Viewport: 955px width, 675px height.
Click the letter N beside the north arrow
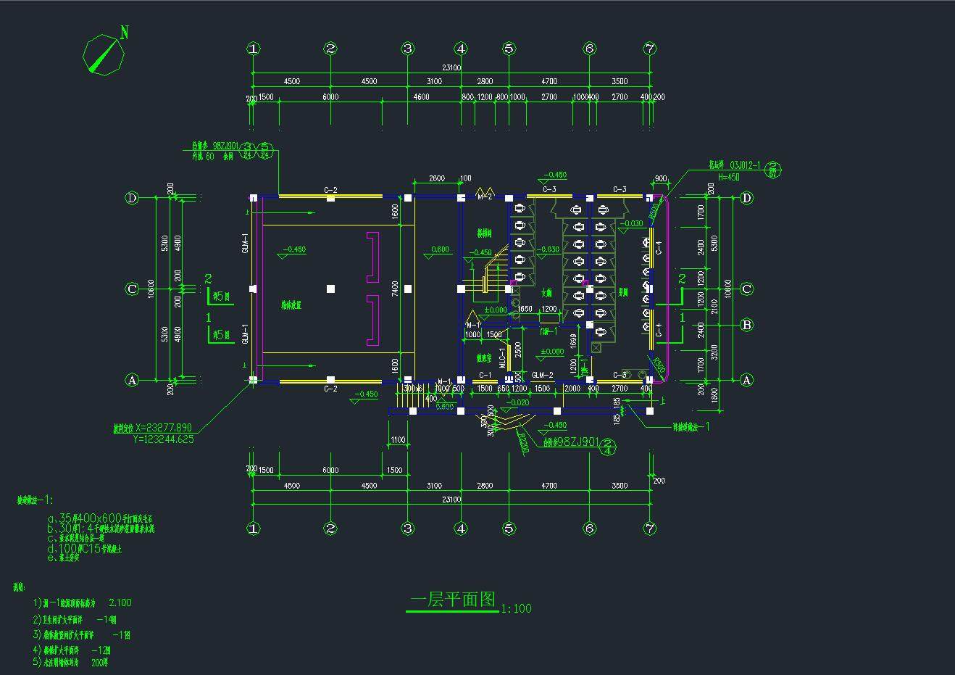pos(125,32)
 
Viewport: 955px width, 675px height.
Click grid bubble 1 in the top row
pos(253,49)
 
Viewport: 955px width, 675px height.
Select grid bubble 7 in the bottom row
pos(649,529)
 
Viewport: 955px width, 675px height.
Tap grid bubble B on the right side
pos(747,325)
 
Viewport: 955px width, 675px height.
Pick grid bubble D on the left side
pos(132,198)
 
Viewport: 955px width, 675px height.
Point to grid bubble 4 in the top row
pos(462,49)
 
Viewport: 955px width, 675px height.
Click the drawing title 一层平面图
pos(453,600)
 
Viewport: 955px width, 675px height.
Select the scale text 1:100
pos(516,608)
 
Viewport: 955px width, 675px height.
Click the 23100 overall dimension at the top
pos(451,67)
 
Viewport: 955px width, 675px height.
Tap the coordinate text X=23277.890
pos(164,428)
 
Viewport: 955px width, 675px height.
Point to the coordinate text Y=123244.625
pos(164,439)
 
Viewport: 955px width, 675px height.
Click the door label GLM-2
pos(542,375)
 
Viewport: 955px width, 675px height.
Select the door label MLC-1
pos(502,357)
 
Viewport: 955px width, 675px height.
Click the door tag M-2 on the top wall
pos(485,196)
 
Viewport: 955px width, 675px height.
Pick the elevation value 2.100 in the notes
pos(120,602)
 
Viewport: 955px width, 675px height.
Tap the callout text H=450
pos(728,177)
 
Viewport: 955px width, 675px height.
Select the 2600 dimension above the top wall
pos(436,178)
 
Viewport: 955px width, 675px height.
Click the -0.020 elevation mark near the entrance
pos(519,402)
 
